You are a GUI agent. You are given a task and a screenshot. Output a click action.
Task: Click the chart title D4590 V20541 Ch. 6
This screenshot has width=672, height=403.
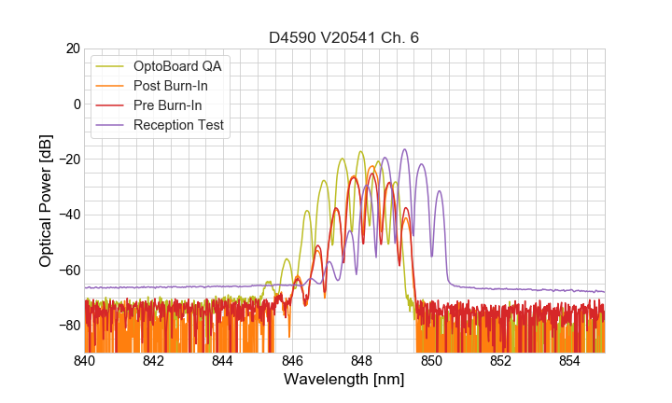click(x=344, y=38)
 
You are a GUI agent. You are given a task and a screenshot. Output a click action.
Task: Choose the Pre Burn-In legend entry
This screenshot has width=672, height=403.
click(x=167, y=105)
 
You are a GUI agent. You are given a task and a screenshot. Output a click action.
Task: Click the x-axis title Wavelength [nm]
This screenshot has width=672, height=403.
click(x=344, y=380)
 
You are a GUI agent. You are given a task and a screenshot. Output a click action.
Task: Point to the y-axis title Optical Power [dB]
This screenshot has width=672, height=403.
click(x=46, y=201)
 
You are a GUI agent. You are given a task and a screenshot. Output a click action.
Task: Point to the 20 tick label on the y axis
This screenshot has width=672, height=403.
click(x=71, y=49)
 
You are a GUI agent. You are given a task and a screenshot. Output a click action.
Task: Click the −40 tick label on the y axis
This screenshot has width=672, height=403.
click(x=67, y=215)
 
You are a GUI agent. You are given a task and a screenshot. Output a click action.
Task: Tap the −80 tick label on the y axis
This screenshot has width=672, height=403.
click(x=67, y=326)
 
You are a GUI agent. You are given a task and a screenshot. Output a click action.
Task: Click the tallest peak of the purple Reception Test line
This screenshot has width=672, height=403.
click(x=405, y=149)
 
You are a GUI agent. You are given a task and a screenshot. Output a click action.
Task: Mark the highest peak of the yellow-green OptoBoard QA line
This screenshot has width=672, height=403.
click(x=360, y=151)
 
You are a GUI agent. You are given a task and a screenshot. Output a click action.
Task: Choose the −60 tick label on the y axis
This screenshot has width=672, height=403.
click(x=67, y=271)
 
